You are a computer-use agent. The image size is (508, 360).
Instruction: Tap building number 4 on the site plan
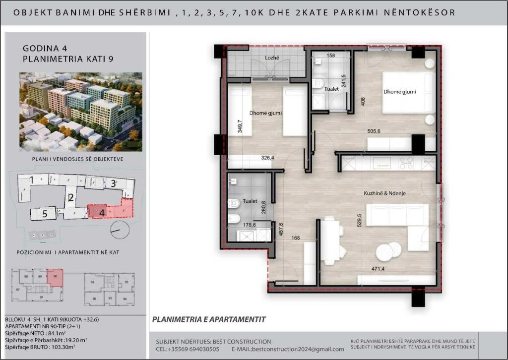tap(102, 212)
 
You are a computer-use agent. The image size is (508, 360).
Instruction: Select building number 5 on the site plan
tap(45, 214)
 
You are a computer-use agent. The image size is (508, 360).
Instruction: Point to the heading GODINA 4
tap(45, 49)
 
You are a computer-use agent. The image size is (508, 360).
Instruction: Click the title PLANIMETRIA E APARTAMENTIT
tap(209, 319)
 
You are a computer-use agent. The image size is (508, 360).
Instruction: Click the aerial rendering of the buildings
tap(80, 112)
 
